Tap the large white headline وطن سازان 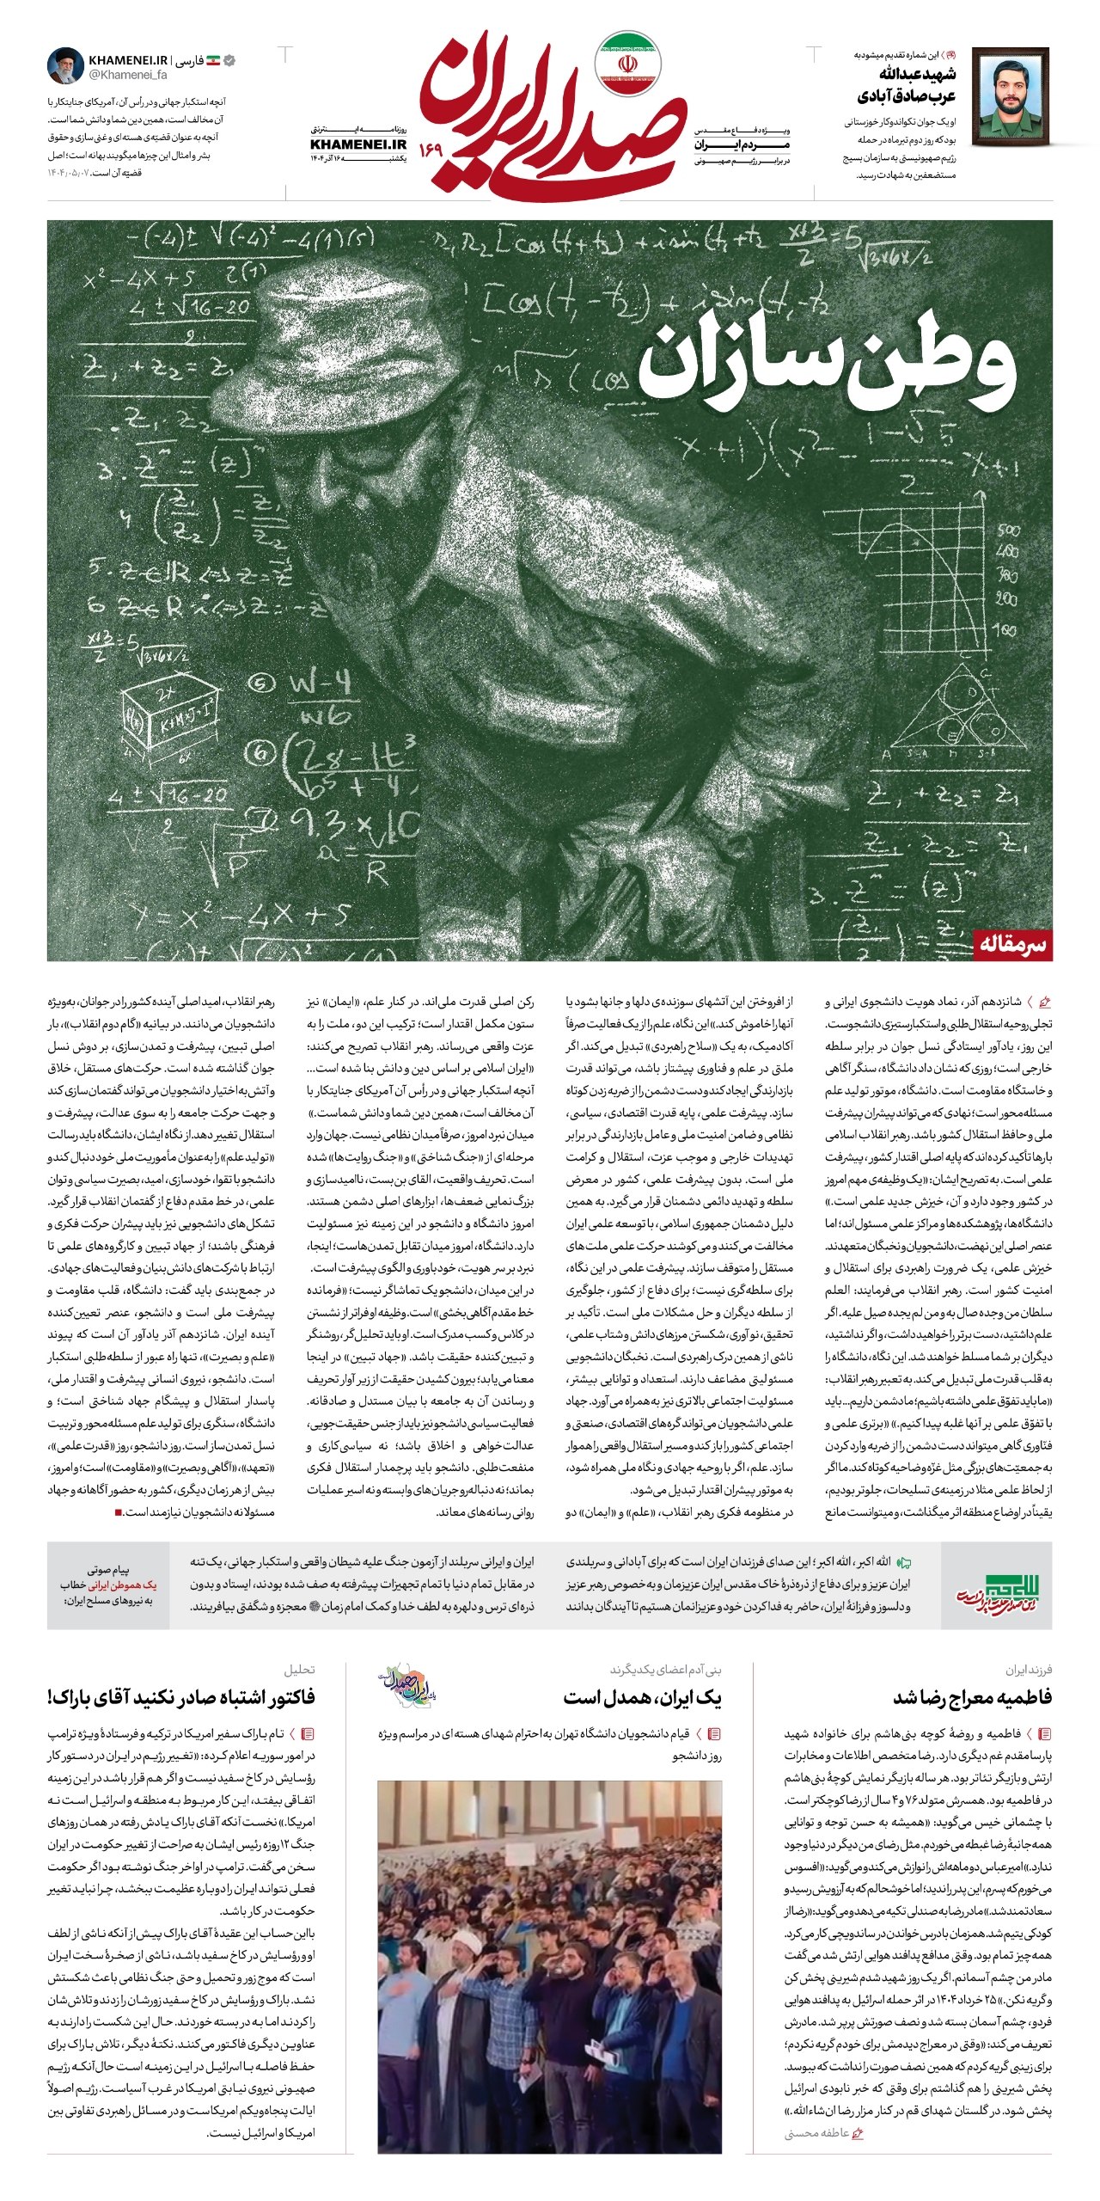point(827,365)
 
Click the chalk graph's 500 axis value point(1009,530)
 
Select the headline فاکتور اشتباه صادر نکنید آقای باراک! point(182,1697)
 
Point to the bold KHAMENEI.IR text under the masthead point(358,144)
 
